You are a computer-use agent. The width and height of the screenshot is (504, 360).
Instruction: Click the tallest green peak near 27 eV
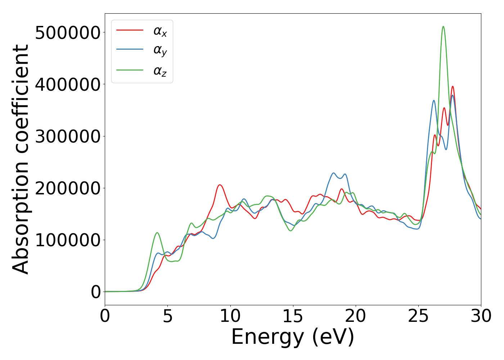coord(443,27)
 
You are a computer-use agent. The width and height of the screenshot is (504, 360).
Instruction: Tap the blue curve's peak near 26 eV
coord(434,100)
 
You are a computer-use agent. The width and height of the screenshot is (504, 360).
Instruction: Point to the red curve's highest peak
coord(453,86)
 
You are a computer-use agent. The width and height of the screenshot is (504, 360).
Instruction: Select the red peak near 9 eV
coord(220,185)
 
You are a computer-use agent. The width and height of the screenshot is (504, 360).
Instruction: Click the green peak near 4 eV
coord(157,233)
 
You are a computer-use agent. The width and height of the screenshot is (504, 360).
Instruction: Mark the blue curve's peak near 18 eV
coord(333,173)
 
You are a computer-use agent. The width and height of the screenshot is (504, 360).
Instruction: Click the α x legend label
coord(160,31)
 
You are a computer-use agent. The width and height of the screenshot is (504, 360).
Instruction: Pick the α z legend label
coord(160,71)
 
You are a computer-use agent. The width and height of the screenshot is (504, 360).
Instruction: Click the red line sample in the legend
coord(130,30)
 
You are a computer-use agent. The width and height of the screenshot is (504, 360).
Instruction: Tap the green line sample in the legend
coord(130,70)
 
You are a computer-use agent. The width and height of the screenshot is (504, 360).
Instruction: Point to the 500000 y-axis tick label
coord(68,33)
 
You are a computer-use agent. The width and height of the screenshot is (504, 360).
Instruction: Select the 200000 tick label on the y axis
coord(68,188)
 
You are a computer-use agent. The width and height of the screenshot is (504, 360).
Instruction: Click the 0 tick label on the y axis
coord(96,292)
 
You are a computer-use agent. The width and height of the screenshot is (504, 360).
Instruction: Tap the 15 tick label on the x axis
coord(293,316)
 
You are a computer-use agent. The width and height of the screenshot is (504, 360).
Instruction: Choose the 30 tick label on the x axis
coord(481,316)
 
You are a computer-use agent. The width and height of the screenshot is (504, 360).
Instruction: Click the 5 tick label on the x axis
coord(168,316)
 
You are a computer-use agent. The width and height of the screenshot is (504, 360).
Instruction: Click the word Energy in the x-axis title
coord(267,338)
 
